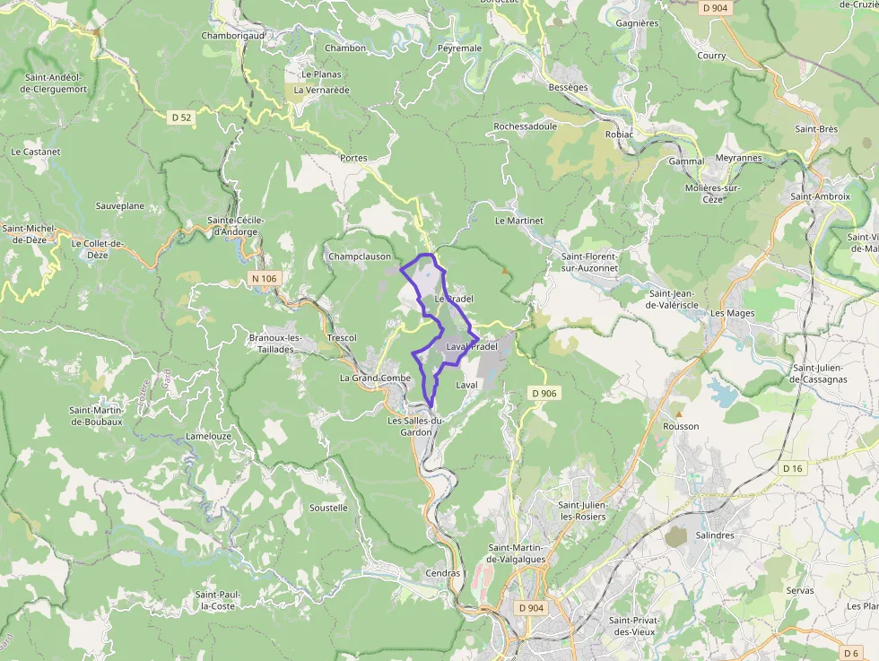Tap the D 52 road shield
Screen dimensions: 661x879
182,117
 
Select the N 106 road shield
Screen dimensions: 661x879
265,279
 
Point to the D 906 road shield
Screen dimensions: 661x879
544,393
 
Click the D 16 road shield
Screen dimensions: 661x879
793,468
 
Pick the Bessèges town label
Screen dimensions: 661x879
568,87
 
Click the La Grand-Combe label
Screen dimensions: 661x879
375,378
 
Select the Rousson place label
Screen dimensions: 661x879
681,426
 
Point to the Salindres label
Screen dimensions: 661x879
715,535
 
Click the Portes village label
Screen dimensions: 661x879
353,158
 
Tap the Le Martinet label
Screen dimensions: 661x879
519,220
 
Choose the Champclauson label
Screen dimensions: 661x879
360,257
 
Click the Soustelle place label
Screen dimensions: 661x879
328,508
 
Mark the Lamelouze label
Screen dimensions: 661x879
208,436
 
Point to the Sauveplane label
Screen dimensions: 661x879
120,205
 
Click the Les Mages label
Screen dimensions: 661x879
733,314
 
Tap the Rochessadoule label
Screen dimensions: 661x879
526,126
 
